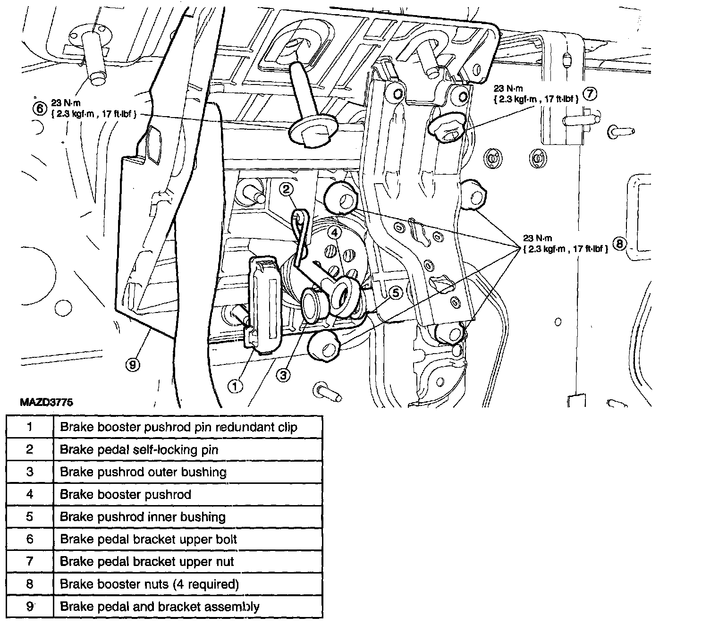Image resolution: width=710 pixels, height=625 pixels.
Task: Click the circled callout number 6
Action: [x=40, y=109]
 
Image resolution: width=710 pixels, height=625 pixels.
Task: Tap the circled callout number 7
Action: [x=590, y=94]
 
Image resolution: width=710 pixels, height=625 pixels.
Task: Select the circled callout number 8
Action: [x=619, y=244]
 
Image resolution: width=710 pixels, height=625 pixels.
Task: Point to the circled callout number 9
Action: [x=134, y=364]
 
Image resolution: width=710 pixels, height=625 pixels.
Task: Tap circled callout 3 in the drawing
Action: [x=283, y=375]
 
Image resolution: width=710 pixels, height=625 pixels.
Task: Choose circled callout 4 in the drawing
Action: [x=334, y=233]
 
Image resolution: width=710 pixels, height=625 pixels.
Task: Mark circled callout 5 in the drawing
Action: [x=395, y=293]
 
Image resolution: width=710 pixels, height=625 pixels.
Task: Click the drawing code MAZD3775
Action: [x=47, y=403]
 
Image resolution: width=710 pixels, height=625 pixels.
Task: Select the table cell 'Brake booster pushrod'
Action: [x=126, y=495]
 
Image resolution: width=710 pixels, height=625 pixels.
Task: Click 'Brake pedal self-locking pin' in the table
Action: [x=139, y=449]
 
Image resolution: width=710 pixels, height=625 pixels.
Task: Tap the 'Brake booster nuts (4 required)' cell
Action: [x=149, y=584]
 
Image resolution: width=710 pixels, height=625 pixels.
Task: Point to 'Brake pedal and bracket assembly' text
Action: [x=160, y=607]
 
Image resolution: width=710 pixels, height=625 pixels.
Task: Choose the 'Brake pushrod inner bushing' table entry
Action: [x=143, y=517]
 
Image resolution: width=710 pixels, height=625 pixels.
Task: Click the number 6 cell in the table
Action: [x=30, y=539]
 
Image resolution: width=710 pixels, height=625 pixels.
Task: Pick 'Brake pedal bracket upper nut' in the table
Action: [x=147, y=562]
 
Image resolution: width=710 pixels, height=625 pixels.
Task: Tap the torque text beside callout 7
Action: [x=535, y=94]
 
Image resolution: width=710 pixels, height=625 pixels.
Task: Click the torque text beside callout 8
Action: [x=565, y=244]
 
